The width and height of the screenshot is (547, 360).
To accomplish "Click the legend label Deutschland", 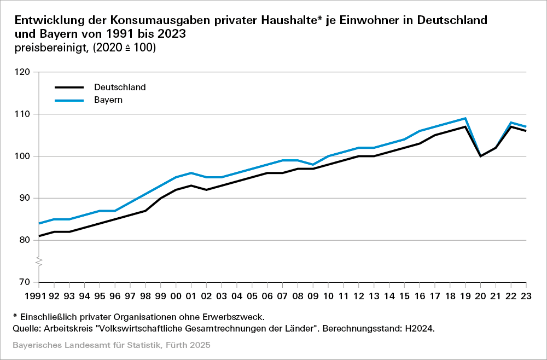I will pos(120,87).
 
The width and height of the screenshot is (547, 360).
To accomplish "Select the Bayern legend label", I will pos(108,100).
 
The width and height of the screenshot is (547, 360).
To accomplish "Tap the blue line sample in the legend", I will pos(68,101).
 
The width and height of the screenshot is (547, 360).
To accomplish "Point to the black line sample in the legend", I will pos(68,87).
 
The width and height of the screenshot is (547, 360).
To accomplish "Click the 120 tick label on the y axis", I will pos(24,72).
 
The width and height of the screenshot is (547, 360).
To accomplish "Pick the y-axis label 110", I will pos(24,114).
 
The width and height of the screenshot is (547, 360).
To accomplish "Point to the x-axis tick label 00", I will pos(176,296).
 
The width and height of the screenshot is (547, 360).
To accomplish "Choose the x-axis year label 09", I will pos(313,296).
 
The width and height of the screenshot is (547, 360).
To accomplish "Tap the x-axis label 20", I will pos(481,296).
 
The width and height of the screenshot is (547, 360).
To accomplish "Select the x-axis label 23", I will pos(526,296).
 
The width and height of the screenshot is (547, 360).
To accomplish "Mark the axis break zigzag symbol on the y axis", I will pos(39,261).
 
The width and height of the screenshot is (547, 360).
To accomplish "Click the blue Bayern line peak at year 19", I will pos(465,118).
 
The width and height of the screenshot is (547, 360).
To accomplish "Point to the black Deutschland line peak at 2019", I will pos(465,127).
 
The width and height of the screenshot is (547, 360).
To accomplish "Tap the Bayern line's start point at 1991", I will pos(39,223).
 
